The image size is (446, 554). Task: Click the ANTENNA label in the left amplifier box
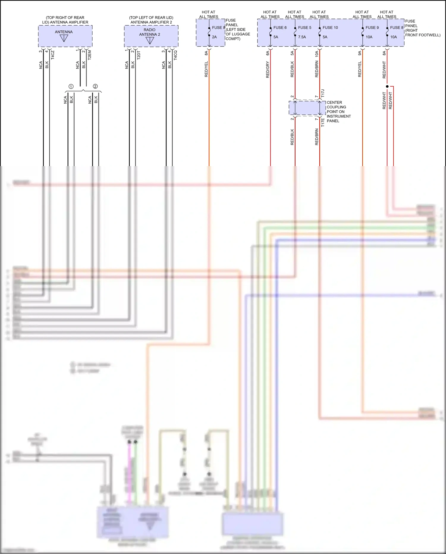pyautogui.click(x=64, y=32)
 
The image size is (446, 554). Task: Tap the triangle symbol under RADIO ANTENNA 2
pyautogui.click(x=150, y=40)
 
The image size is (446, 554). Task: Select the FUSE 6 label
pyautogui.click(x=280, y=27)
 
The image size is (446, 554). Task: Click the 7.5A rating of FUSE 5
pyautogui.click(x=302, y=37)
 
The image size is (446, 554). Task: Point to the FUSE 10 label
pyautogui.click(x=330, y=27)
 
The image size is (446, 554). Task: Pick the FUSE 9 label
pyautogui.click(x=372, y=27)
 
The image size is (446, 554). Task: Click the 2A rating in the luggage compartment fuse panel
pyautogui.click(x=214, y=37)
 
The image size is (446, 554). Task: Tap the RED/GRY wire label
pyautogui.click(x=268, y=70)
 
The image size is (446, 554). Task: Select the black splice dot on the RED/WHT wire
pyautogui.click(x=387, y=86)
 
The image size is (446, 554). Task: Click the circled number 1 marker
pyautogui.click(x=71, y=86)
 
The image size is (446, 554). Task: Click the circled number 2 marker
pyautogui.click(x=95, y=86)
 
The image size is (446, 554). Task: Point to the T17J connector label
pyautogui.click(x=323, y=93)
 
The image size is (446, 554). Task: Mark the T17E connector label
pyautogui.click(x=323, y=122)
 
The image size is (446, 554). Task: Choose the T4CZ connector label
pyautogui.click(x=53, y=55)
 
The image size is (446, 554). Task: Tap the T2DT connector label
pyautogui.click(x=139, y=55)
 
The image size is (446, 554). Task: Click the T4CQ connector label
pyautogui.click(x=175, y=55)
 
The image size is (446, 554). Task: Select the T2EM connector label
pyautogui.click(x=89, y=55)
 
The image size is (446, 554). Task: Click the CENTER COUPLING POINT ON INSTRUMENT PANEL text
pyautogui.click(x=338, y=112)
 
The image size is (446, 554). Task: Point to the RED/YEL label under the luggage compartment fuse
pyautogui.click(x=206, y=69)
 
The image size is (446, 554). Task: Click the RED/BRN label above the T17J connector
pyautogui.click(x=317, y=69)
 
